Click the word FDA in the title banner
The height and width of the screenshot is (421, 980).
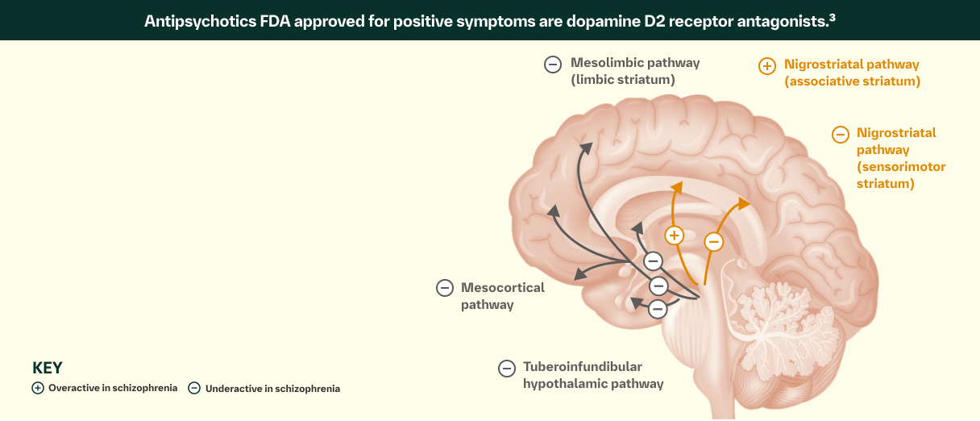click(x=276, y=21)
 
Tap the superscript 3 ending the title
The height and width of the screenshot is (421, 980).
click(x=832, y=16)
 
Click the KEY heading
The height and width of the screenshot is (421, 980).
click(x=48, y=368)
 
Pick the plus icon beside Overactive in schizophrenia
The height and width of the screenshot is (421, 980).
click(x=38, y=388)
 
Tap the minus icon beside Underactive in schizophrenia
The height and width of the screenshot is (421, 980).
click(x=194, y=388)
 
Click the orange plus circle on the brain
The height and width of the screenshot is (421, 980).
click(x=675, y=236)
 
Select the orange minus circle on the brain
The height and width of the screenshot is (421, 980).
click(x=713, y=241)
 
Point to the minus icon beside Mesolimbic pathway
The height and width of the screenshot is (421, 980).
click(x=553, y=65)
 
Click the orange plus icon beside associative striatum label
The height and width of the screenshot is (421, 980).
click(x=767, y=66)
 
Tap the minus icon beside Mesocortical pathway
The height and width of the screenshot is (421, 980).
click(x=444, y=287)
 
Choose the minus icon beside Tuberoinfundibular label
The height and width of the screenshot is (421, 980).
click(x=506, y=368)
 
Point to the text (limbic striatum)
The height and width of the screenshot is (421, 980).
click(x=623, y=80)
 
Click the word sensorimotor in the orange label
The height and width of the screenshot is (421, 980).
click(x=901, y=167)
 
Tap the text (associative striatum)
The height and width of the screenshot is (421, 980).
click(x=852, y=81)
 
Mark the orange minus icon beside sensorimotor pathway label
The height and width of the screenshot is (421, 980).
click(x=841, y=135)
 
